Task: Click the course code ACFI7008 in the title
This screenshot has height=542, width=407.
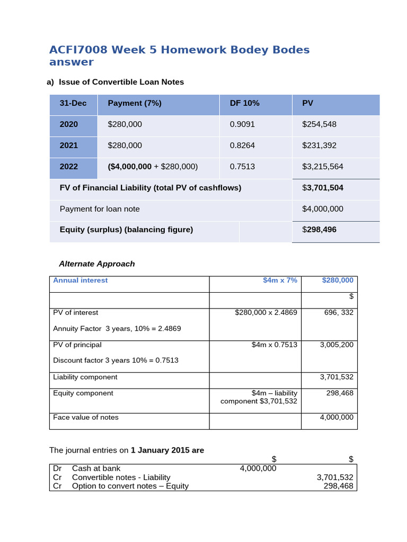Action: (78, 50)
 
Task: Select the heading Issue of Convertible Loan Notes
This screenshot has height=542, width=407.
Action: (121, 82)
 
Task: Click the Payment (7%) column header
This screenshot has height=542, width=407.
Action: (135, 103)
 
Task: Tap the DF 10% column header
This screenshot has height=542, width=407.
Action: (244, 103)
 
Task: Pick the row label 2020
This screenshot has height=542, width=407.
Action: (69, 124)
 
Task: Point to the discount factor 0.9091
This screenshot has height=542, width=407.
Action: (242, 124)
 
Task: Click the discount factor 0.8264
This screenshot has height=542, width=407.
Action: (242, 146)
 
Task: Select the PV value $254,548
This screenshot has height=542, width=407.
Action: (319, 124)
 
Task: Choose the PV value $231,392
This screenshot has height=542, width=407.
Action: (319, 146)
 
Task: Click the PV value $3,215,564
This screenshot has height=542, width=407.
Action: (322, 167)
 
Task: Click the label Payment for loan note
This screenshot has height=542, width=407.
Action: (100, 209)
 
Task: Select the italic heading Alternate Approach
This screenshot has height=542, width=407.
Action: (96, 264)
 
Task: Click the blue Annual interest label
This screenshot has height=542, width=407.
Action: (80, 281)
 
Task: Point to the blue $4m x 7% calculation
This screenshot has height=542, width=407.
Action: (280, 281)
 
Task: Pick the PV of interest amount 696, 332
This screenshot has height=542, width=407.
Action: (339, 313)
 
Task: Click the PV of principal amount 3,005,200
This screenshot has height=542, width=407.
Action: (337, 345)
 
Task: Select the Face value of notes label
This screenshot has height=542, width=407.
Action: (86, 418)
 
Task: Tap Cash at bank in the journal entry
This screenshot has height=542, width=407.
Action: (96, 468)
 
